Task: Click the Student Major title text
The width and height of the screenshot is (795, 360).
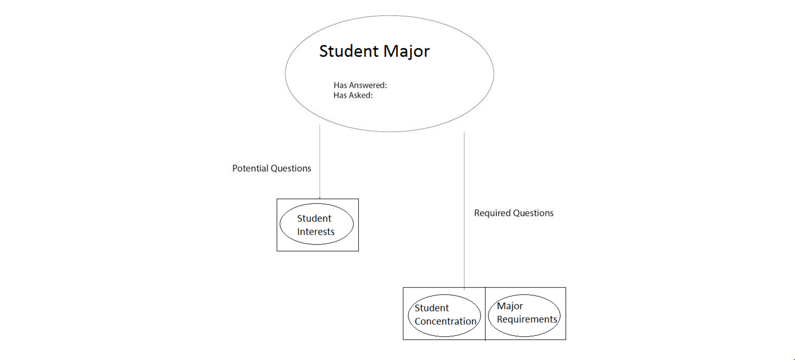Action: click(x=374, y=51)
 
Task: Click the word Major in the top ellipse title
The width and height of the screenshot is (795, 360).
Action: click(x=406, y=51)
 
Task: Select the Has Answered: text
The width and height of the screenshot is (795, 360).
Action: click(x=360, y=85)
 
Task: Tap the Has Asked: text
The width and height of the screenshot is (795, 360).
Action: click(x=353, y=96)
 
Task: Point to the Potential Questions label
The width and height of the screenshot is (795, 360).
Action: click(x=271, y=168)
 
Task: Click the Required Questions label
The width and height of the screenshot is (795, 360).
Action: click(x=513, y=213)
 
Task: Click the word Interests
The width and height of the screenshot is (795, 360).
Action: click(x=316, y=232)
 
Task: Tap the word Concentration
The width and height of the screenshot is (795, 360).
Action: click(x=445, y=321)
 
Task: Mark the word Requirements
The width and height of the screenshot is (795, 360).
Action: click(x=527, y=319)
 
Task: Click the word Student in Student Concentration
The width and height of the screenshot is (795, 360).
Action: click(x=432, y=308)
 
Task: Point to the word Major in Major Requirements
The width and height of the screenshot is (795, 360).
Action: click(x=509, y=306)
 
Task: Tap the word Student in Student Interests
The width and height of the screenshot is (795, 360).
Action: click(x=314, y=218)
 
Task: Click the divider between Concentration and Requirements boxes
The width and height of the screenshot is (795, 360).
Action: click(x=485, y=313)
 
